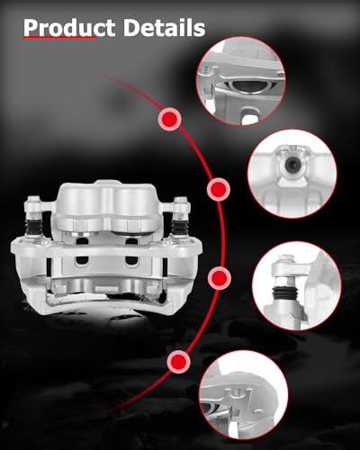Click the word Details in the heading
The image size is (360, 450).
pos(163,29)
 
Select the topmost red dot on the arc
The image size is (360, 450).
pos(169,118)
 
